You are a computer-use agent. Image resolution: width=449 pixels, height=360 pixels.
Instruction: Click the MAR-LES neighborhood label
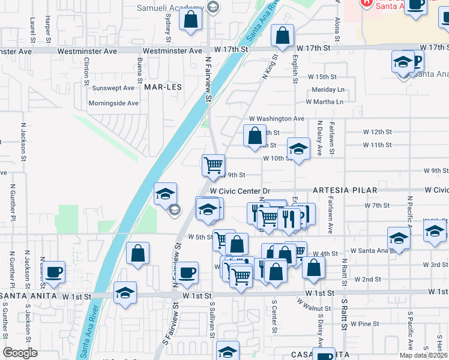coord(163,87)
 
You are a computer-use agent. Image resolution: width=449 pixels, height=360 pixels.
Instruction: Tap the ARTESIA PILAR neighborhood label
coord(345,190)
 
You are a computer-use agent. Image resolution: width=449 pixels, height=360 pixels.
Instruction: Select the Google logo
coord(20,353)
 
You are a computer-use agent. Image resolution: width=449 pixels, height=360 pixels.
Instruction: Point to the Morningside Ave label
coord(114,103)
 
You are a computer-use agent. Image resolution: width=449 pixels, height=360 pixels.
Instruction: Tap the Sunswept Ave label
coord(113,88)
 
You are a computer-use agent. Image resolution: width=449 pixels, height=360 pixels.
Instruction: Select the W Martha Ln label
coord(328,102)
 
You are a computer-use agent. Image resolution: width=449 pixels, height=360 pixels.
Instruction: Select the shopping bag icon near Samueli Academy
coord(190,19)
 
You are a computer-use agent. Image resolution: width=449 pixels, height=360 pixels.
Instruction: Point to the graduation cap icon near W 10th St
coord(298,148)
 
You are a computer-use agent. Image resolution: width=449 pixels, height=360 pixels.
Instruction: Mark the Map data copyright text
coord(423,355)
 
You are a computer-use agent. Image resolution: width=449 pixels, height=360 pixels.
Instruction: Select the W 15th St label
coord(322,77)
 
